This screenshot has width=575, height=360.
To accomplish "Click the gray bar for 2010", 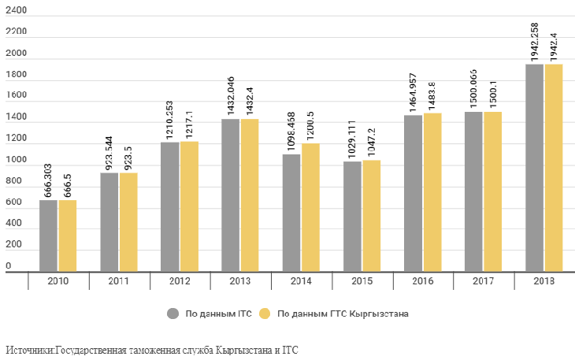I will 48,236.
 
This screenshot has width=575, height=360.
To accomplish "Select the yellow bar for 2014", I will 310,207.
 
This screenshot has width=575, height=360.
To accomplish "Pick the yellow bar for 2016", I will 432,192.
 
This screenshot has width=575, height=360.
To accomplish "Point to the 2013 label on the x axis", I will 240,281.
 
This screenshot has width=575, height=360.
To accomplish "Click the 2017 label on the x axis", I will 483,281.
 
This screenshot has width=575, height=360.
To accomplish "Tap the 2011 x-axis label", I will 119,281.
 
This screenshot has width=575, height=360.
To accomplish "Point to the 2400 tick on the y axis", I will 16,10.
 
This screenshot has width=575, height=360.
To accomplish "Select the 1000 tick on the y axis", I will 16,161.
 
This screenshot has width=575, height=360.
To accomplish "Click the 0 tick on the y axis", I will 8,266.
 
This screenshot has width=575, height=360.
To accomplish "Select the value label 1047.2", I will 371,142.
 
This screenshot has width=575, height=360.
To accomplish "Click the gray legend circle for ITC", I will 172,314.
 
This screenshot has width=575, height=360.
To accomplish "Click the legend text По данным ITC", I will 217,314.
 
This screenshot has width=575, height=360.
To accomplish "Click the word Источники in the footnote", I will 29,349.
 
